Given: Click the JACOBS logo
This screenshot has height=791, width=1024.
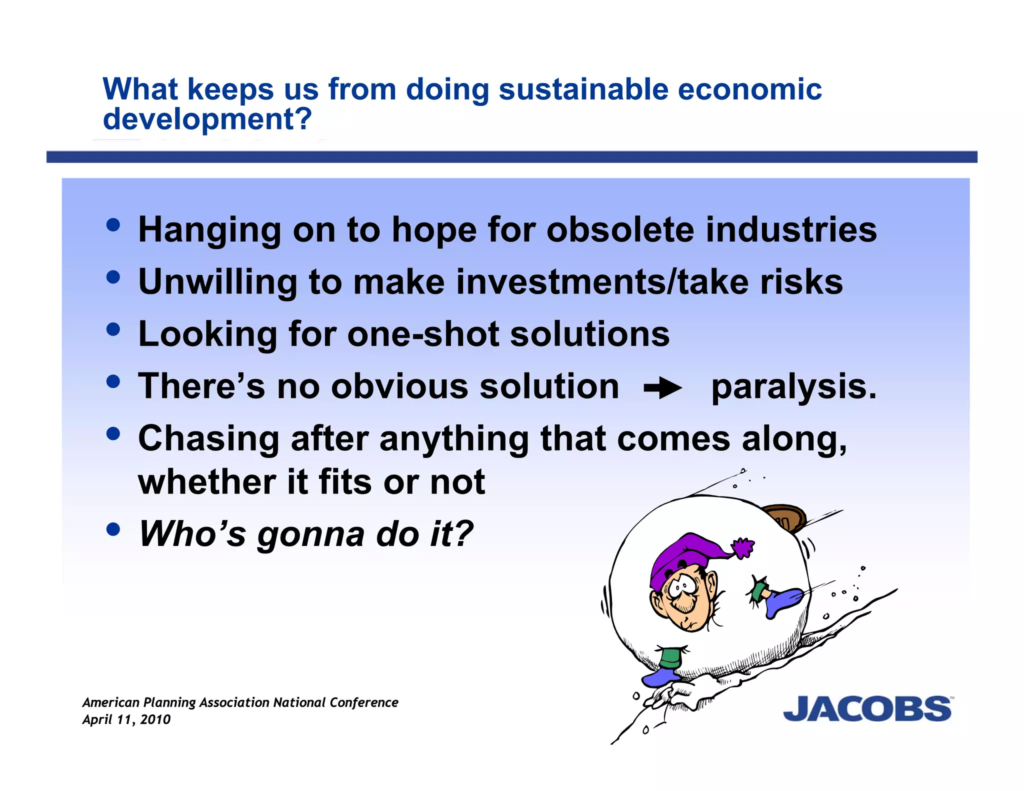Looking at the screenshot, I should [867, 708].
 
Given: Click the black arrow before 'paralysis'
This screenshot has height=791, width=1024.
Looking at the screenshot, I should [662, 388].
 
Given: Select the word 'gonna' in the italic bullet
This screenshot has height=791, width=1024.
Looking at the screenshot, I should [310, 534].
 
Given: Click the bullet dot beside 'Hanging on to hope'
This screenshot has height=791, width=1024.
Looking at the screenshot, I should [113, 225].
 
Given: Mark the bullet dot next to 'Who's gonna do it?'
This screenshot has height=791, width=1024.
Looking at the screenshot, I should [113, 529].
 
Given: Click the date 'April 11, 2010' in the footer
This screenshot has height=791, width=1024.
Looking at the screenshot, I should [126, 719].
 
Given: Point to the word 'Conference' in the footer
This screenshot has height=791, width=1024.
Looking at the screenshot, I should [364, 702].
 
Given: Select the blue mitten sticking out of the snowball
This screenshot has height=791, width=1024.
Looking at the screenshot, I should [784, 601].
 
